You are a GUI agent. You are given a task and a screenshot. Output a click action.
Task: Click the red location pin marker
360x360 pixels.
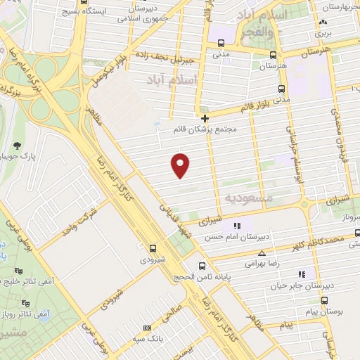tap(181, 164)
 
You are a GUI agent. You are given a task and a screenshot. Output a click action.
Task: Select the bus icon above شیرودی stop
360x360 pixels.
tap(154, 247)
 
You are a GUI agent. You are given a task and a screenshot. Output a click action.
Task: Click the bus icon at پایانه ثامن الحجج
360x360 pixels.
tap(202, 266)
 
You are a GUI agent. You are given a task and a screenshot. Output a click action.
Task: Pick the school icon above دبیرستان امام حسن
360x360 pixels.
tap(237, 226)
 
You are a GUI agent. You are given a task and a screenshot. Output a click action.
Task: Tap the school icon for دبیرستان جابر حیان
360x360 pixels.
tap(302, 274)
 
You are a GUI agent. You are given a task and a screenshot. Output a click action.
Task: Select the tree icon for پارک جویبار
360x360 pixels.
tap(15, 145)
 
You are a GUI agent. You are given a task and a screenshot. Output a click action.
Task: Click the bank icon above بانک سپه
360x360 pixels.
tap(146, 328)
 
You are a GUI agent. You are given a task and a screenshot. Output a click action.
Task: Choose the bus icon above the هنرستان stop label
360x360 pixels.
tap(281, 54)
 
